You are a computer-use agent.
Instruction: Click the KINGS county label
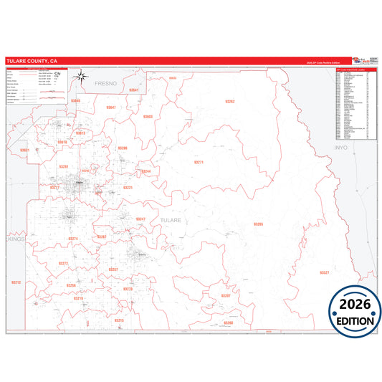point(16,240)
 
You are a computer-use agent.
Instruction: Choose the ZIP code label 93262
point(229,102)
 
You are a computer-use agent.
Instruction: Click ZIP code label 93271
point(199,163)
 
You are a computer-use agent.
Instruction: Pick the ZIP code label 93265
point(258,224)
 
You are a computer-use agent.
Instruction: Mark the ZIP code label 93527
point(324,273)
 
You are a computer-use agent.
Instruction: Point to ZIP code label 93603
point(148,116)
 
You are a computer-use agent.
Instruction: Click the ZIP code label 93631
point(24,150)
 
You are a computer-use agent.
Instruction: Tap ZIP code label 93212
point(16,282)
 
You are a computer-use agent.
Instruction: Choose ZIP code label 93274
point(72,239)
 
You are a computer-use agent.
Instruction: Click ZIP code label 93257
point(113,269)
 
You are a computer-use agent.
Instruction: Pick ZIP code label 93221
point(128,187)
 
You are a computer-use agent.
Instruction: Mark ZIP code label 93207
point(226,295)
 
